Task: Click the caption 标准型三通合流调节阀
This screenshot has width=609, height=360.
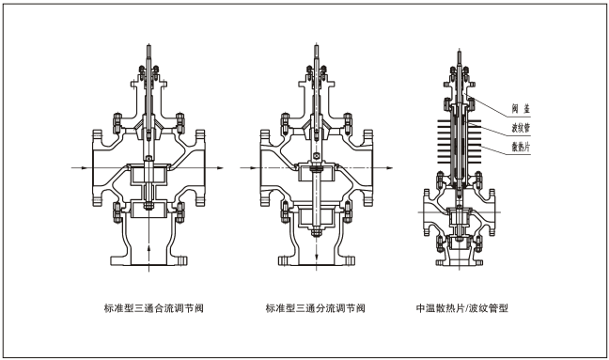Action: (x=154, y=308)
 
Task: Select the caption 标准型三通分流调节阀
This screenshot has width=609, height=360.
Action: (x=315, y=308)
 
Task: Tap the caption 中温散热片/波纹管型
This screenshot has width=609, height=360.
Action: (x=461, y=308)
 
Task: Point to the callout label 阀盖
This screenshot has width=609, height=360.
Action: (x=521, y=109)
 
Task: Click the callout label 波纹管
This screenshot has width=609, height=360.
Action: (x=521, y=128)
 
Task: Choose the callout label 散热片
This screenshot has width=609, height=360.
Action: (x=521, y=147)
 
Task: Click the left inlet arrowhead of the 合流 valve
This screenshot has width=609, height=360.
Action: (x=85, y=167)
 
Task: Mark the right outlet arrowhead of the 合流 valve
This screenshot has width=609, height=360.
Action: (x=220, y=167)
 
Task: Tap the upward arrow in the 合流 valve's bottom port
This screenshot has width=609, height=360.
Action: (x=148, y=247)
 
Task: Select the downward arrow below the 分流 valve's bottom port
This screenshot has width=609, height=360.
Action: (x=317, y=257)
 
